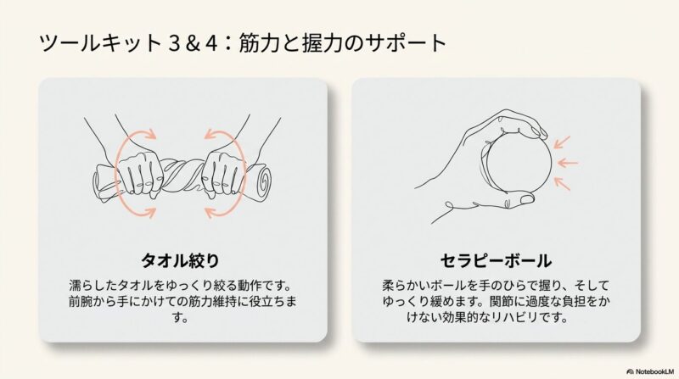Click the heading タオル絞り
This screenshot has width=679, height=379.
coord(180,260)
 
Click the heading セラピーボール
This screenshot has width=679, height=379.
coord(496,260)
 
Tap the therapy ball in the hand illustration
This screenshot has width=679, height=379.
coord(519,163)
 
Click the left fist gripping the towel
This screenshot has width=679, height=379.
coord(139,174)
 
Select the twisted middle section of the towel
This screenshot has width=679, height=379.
coord(182,176)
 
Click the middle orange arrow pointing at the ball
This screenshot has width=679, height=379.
coord(568,163)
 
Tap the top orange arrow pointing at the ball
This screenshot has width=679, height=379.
coord(562,142)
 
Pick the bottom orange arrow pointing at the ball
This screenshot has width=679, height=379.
coord(562,183)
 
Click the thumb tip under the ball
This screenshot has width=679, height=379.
coord(527,198)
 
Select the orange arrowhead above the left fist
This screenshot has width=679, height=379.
coord(150,134)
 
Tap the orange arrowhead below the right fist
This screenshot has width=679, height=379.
coord(210,213)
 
